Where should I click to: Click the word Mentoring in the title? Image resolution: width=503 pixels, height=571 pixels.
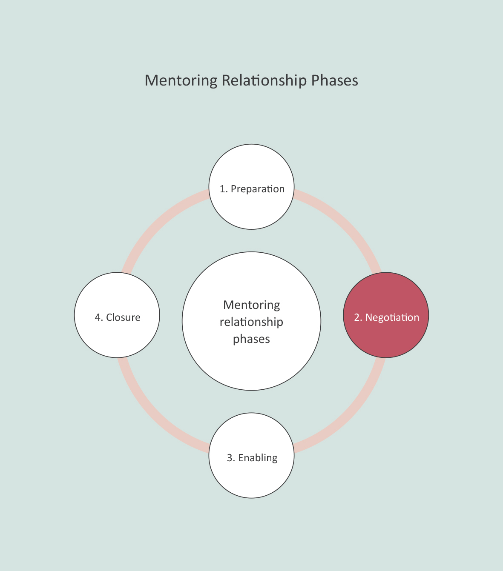pyautogui.click(x=181, y=80)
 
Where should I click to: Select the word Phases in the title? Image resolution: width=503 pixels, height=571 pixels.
pyautogui.click(x=334, y=80)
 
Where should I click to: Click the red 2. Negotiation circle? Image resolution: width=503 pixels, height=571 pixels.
pyautogui.click(x=386, y=336)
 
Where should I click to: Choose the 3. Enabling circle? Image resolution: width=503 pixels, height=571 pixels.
pyautogui.click(x=251, y=477)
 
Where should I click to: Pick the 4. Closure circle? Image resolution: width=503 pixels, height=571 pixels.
pyautogui.click(x=117, y=336)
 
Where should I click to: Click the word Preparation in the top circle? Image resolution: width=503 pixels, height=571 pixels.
pyautogui.click(x=258, y=189)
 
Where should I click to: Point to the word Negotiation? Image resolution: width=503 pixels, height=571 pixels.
pyautogui.click(x=392, y=317)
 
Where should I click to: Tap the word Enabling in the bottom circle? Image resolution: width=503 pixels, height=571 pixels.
pyautogui.click(x=258, y=458)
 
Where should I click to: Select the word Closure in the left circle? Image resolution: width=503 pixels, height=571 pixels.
pyautogui.click(x=123, y=317)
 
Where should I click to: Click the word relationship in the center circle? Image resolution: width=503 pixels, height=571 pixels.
pyautogui.click(x=251, y=322)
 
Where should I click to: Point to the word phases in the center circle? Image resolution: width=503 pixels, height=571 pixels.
pyautogui.click(x=251, y=339)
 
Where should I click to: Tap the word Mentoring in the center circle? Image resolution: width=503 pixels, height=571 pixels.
pyautogui.click(x=251, y=305)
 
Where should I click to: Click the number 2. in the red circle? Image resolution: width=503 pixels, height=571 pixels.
pyautogui.click(x=358, y=317)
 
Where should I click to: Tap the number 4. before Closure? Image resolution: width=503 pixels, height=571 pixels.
pyautogui.click(x=99, y=317)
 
